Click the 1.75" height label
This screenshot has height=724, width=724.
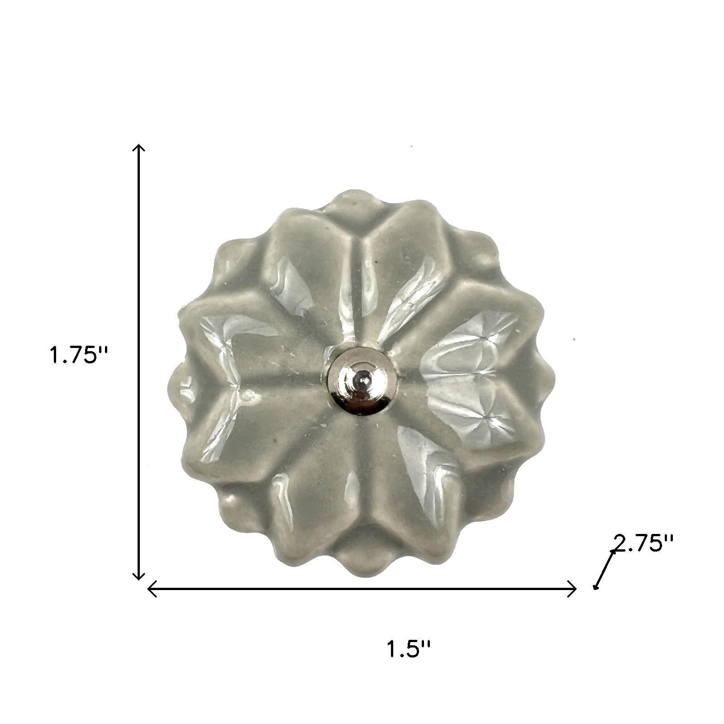click(78, 355)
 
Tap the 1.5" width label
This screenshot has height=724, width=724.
click(409, 648)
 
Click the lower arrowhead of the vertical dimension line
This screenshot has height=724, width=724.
click(138, 575)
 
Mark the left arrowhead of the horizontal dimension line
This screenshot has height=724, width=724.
click(152, 589)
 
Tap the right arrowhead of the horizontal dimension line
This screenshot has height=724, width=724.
click(572, 589)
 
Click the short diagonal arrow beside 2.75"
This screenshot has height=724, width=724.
click(605, 570)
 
